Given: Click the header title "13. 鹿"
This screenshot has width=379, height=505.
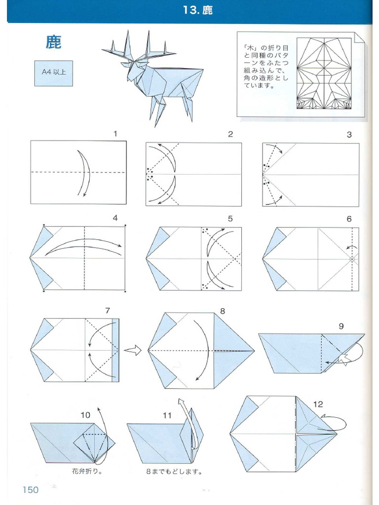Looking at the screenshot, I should point(197,10).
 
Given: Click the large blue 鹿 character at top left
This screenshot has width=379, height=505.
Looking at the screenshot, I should point(53,42).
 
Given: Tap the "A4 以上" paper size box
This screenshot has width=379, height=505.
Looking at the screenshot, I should point(53,73).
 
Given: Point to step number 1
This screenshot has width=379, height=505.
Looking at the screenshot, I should point(115,134).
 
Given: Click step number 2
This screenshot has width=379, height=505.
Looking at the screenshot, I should point(230,134).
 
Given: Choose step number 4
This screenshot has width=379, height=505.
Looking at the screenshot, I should point(115,217).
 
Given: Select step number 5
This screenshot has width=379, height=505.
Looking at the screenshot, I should point(230,218).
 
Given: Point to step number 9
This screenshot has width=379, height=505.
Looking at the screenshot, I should point(341,326).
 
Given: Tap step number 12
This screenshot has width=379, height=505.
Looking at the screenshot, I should point(318,404).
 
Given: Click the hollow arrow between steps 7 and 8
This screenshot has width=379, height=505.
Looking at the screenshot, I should point(133,350).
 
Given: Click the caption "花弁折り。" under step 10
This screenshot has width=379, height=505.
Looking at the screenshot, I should point(87,471).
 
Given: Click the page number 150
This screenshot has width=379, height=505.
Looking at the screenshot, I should point(30,490).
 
